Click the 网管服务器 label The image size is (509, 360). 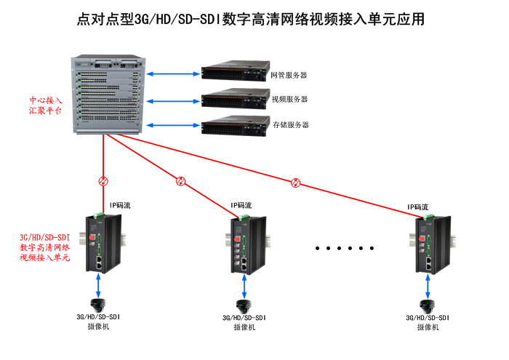[x=289, y=75]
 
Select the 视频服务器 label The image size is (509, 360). [x=289, y=100]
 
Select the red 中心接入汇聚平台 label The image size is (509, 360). [x=45, y=105]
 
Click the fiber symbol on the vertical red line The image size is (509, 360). [x=104, y=180]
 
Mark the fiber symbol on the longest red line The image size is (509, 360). [x=295, y=182]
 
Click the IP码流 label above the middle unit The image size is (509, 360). [x=241, y=206]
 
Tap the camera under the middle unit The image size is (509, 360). [x=242, y=306]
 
